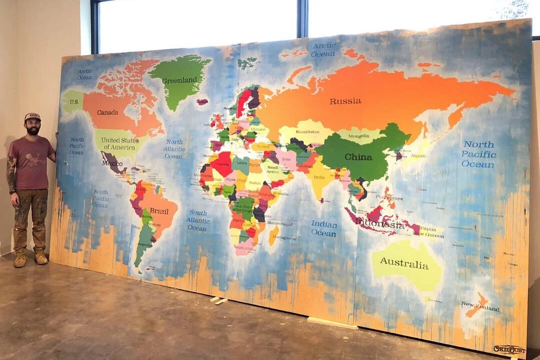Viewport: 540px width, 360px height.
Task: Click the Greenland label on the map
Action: point(179,80)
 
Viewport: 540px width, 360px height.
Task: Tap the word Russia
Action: point(345,101)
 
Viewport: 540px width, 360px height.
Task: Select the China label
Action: point(358,157)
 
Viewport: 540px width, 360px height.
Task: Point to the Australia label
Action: point(404,263)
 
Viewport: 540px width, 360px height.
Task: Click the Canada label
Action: point(107,112)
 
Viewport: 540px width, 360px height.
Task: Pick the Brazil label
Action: point(159,211)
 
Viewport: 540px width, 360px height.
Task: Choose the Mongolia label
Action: point(359,136)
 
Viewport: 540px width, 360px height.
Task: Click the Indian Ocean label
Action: point(324,228)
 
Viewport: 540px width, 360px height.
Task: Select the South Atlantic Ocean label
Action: point(198,220)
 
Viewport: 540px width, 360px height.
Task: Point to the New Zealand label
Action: point(479,306)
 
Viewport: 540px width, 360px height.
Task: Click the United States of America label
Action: point(120,143)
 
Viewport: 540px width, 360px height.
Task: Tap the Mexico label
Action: point(112,162)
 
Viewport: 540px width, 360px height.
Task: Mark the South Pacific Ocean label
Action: point(100,198)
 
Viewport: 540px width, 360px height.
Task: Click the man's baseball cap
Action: point(32,117)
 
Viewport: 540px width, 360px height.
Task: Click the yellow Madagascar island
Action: point(273,235)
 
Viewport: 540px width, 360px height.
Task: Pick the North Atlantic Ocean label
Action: point(174,149)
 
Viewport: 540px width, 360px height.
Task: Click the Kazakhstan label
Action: point(307,132)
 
